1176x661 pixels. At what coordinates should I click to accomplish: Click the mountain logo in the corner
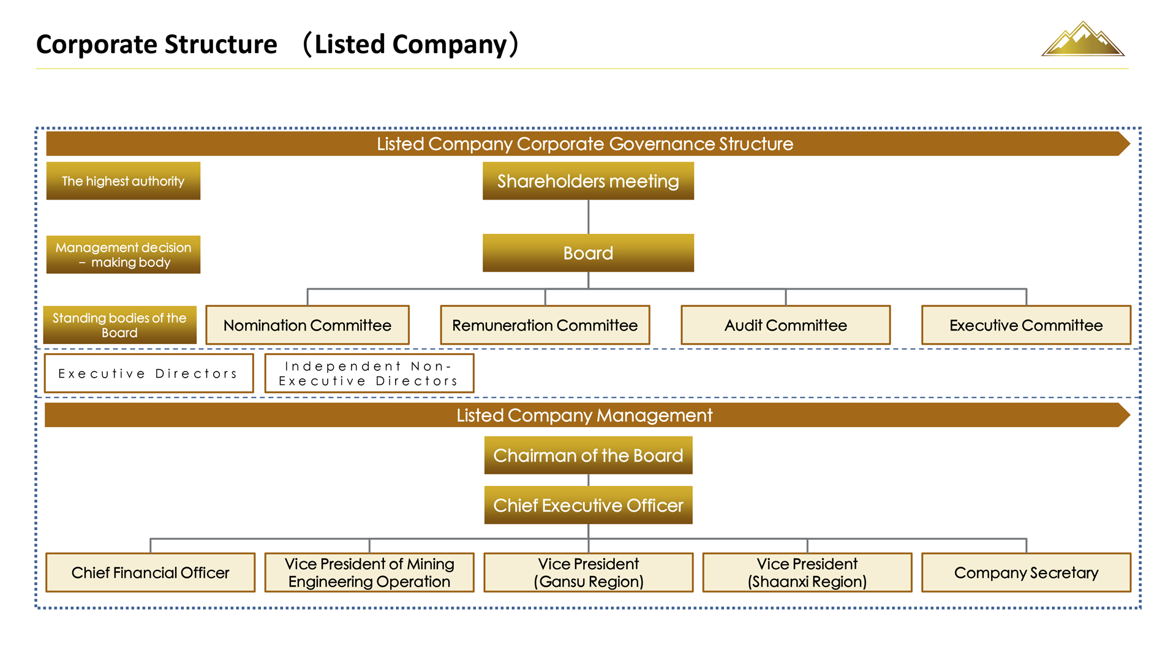pos(1083,40)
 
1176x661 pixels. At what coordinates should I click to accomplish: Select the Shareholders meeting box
pos(588,181)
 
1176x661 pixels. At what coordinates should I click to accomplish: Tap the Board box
pos(588,253)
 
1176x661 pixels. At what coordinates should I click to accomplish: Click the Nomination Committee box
pos(307,325)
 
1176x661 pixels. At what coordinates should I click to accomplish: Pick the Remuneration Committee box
pos(545,325)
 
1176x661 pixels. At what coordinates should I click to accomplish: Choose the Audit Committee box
pos(785,325)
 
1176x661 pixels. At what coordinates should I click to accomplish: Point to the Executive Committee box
pos(1026,325)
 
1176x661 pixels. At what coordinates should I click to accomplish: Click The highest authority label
pos(123,181)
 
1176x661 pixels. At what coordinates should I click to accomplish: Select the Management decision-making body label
pos(123,255)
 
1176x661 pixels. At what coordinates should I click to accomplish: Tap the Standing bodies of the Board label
pos(119,325)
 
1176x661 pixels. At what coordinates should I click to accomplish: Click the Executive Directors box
pos(149,373)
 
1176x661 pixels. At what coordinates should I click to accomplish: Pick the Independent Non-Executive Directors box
pos(369,373)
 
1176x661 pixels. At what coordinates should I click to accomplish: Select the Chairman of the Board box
pos(588,455)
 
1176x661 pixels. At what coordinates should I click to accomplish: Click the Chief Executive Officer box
pos(588,506)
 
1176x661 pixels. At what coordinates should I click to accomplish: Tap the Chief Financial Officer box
pos(150,573)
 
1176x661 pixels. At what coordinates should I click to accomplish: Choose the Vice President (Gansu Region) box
pos(588,573)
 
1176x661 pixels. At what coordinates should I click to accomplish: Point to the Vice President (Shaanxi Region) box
pos(807,573)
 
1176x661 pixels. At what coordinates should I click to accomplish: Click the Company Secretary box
pos(1026,573)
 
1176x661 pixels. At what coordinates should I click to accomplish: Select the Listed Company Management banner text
pos(584,416)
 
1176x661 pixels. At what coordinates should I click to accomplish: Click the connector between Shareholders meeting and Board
pos(588,217)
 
